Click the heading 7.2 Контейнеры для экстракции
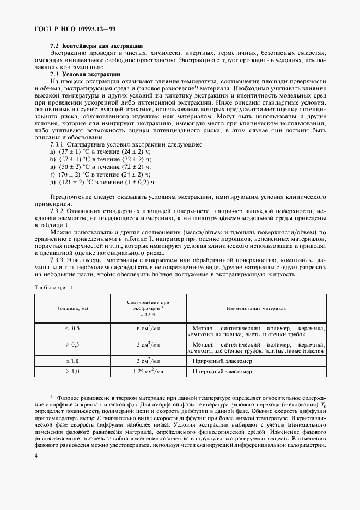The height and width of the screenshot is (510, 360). click(96, 46)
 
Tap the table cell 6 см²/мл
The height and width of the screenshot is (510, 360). click(148, 329)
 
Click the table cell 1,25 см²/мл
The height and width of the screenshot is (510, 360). click(148, 371)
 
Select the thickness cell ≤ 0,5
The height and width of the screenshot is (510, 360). click(72, 329)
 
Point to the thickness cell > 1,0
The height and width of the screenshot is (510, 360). click(72, 371)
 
